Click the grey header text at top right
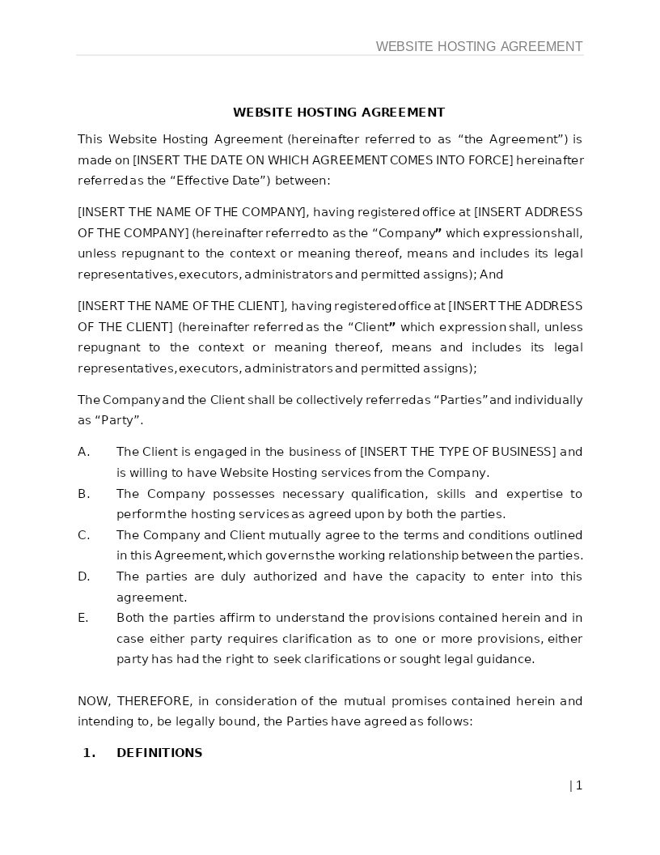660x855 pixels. pos(479,46)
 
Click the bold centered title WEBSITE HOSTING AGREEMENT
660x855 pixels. pos(339,113)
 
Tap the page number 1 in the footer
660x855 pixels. pos(578,785)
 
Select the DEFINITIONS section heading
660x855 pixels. pos(159,753)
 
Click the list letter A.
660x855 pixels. pos(83,452)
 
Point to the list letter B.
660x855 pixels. pos(83,494)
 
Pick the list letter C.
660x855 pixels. pos(83,535)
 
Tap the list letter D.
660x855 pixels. pos(83,576)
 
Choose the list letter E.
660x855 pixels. pos(82,618)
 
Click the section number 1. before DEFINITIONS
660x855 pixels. pos(89,753)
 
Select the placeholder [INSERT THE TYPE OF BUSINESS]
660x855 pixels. pos(458,452)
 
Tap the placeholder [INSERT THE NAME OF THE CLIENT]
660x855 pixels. pos(182,306)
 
